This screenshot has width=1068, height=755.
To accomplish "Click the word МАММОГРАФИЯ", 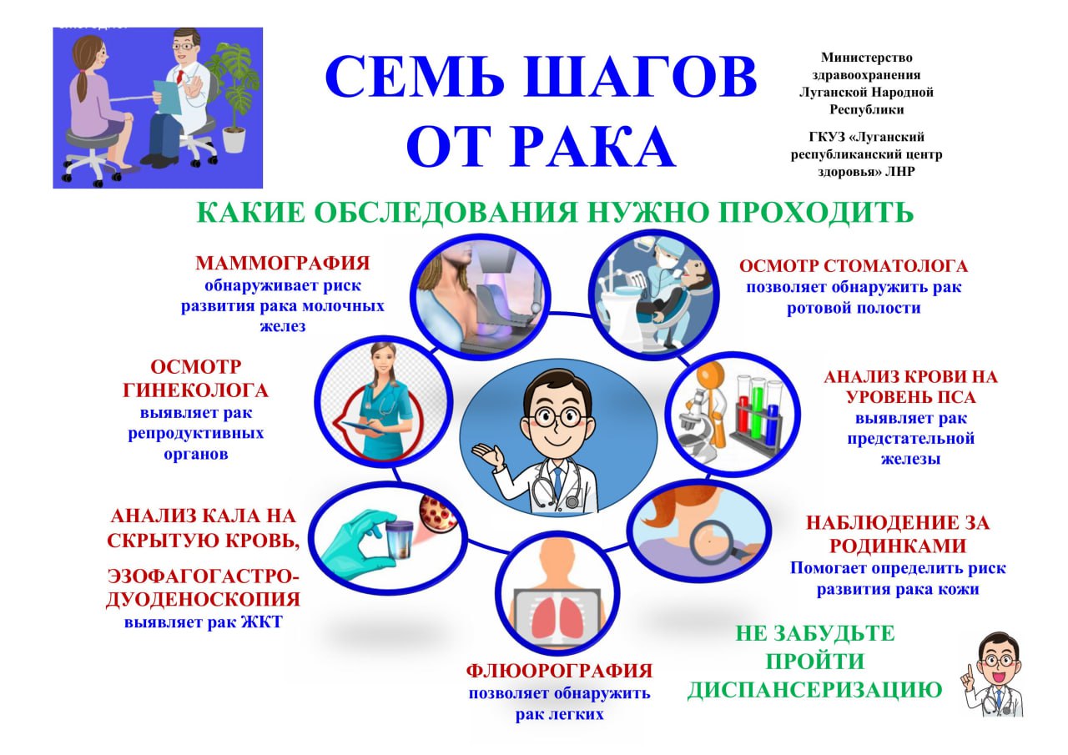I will (x=282, y=264).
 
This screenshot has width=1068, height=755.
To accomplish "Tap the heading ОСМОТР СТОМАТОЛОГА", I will (x=854, y=267).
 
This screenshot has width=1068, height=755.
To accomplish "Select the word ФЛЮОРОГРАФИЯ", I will (x=558, y=671).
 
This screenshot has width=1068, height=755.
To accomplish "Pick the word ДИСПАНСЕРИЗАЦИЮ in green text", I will (x=814, y=691).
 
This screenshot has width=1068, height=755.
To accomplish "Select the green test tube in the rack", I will (x=758, y=410).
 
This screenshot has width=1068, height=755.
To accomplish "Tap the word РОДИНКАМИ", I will (x=897, y=546).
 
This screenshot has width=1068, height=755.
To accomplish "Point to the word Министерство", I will (x=866, y=58).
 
